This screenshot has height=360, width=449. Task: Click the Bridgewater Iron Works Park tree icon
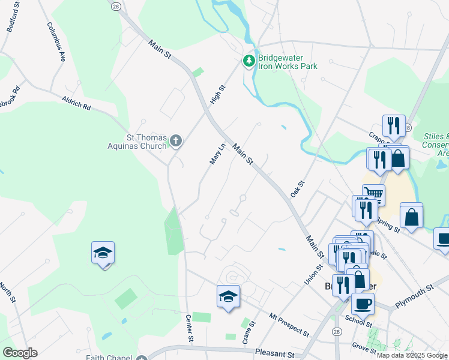pyautogui.click(x=249, y=61)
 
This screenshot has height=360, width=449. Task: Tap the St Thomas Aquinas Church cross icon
pyautogui.click(x=175, y=141)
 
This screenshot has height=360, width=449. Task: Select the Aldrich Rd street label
pyautogui.click(x=76, y=103)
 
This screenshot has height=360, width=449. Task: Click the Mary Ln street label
pyautogui.click(x=217, y=154)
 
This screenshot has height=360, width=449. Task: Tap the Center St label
pyautogui.click(x=190, y=328)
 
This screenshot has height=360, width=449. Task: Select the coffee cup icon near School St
pyautogui.click(x=362, y=302)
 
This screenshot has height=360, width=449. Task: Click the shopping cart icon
pyautogui.click(x=373, y=193)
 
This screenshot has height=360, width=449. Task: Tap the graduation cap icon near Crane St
pyautogui.click(x=228, y=296)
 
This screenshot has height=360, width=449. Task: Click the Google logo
pyautogui.click(x=20, y=353)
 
